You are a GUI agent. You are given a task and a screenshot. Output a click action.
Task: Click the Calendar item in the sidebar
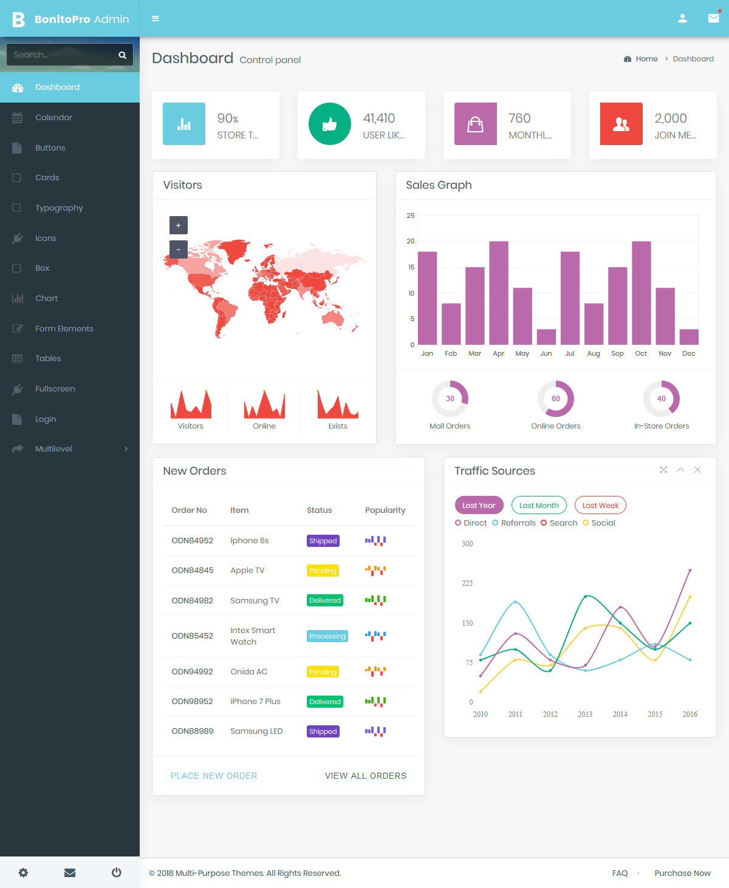click(x=53, y=118)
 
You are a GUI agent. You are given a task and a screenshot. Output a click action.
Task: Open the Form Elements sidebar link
click(x=64, y=329)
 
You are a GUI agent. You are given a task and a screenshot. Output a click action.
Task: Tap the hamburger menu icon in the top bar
click(x=156, y=19)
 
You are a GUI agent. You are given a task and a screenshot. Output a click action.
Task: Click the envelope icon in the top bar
click(x=713, y=18)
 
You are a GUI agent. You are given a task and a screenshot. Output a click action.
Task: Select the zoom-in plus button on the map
click(x=178, y=225)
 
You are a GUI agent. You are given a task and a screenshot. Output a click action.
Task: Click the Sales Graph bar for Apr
click(x=499, y=293)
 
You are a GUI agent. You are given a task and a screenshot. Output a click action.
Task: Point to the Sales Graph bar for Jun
click(x=546, y=337)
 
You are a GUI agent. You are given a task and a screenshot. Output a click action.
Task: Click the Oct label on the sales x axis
click(x=641, y=353)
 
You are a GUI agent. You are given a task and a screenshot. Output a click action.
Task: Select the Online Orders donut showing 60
click(x=556, y=399)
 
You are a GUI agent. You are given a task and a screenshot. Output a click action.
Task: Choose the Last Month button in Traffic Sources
click(x=539, y=506)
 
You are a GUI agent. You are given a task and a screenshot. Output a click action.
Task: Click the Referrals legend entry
click(x=514, y=523)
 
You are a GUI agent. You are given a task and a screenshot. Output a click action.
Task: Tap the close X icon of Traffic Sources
click(x=697, y=470)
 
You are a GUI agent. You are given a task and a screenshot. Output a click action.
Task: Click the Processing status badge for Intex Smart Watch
click(x=327, y=636)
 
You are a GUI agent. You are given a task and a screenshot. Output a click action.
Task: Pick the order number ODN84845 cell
click(x=193, y=571)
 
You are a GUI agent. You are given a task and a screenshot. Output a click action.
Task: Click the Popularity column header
click(x=385, y=510)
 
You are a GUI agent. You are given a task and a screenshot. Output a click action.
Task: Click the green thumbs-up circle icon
click(x=330, y=124)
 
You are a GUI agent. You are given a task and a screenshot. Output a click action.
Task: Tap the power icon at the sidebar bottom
click(x=117, y=873)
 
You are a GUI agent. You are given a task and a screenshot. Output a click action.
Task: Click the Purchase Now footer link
click(x=682, y=873)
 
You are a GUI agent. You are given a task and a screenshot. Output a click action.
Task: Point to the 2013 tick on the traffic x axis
click(x=585, y=714)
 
